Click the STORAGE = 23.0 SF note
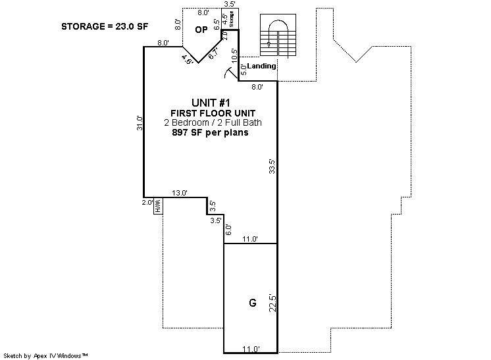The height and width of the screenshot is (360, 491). point(105,26)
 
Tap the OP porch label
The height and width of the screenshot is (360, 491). point(201,30)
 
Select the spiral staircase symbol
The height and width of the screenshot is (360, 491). point(278,35)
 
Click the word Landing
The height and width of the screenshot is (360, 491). point(261,66)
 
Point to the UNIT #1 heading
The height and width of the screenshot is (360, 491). point(211,103)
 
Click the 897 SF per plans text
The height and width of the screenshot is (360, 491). point(211,132)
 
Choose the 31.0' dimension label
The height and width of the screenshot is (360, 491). point(140,123)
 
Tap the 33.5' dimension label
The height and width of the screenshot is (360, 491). point(272,167)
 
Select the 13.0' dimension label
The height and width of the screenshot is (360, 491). point(180,193)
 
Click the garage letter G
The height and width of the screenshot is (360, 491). point(252,303)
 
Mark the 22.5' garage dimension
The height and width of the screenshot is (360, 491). point(272,303)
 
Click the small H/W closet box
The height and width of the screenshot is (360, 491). point(158,206)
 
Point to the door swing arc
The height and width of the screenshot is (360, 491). point(228,73)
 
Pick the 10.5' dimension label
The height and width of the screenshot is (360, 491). point(234,57)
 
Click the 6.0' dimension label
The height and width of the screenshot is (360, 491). point(228,230)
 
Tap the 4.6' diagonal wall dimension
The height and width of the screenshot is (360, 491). point(188,59)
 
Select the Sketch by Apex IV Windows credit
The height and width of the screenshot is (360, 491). point(45,355)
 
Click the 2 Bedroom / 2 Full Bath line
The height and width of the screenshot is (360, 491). point(213,122)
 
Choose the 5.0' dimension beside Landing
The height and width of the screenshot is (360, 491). point(244,70)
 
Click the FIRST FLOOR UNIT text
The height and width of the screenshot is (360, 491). point(213,113)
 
